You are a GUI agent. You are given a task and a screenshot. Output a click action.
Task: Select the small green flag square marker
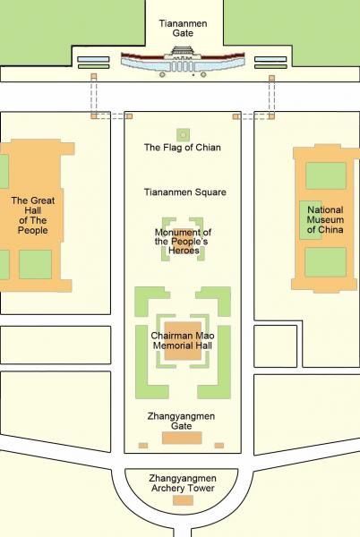tap(182, 133)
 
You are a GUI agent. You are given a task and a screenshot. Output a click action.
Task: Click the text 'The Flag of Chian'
tap(182, 148)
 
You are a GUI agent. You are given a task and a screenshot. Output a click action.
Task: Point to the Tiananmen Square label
tap(184, 192)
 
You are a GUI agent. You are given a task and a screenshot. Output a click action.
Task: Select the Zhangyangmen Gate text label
tap(182, 421)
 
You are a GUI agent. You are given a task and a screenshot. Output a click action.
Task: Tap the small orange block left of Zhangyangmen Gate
tap(141, 445)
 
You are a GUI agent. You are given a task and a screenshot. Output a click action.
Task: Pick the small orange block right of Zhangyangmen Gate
tap(220, 445)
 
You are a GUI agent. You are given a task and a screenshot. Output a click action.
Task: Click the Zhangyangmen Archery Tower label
tap(183, 482)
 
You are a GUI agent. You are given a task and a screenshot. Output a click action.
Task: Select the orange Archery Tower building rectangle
tap(183, 500)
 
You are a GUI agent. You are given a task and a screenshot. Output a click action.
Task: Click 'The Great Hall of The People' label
tap(32, 216)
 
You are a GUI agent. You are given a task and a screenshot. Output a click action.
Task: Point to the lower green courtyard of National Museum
tap(325, 262)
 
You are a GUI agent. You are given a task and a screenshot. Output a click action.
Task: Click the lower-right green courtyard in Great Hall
tap(35, 264)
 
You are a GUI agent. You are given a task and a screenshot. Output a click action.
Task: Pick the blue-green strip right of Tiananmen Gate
tap(270, 63)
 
